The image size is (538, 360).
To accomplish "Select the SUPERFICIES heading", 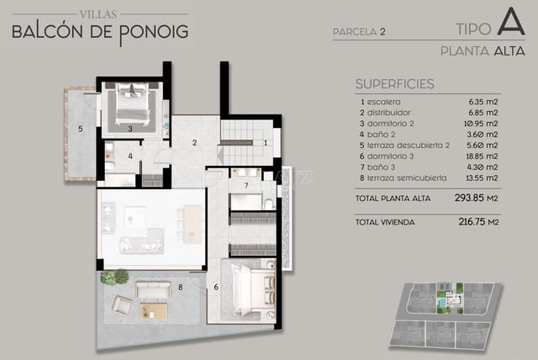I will tap(394, 84).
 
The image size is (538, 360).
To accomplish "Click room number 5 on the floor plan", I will tap(80, 129).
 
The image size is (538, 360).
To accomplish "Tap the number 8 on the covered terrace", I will tap(180, 288).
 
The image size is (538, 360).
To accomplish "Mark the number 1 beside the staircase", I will tap(266, 142).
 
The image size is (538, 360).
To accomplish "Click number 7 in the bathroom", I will tap(245, 184).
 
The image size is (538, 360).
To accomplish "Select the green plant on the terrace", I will tap(116, 276).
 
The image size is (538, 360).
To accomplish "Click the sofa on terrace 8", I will tap(153, 291).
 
